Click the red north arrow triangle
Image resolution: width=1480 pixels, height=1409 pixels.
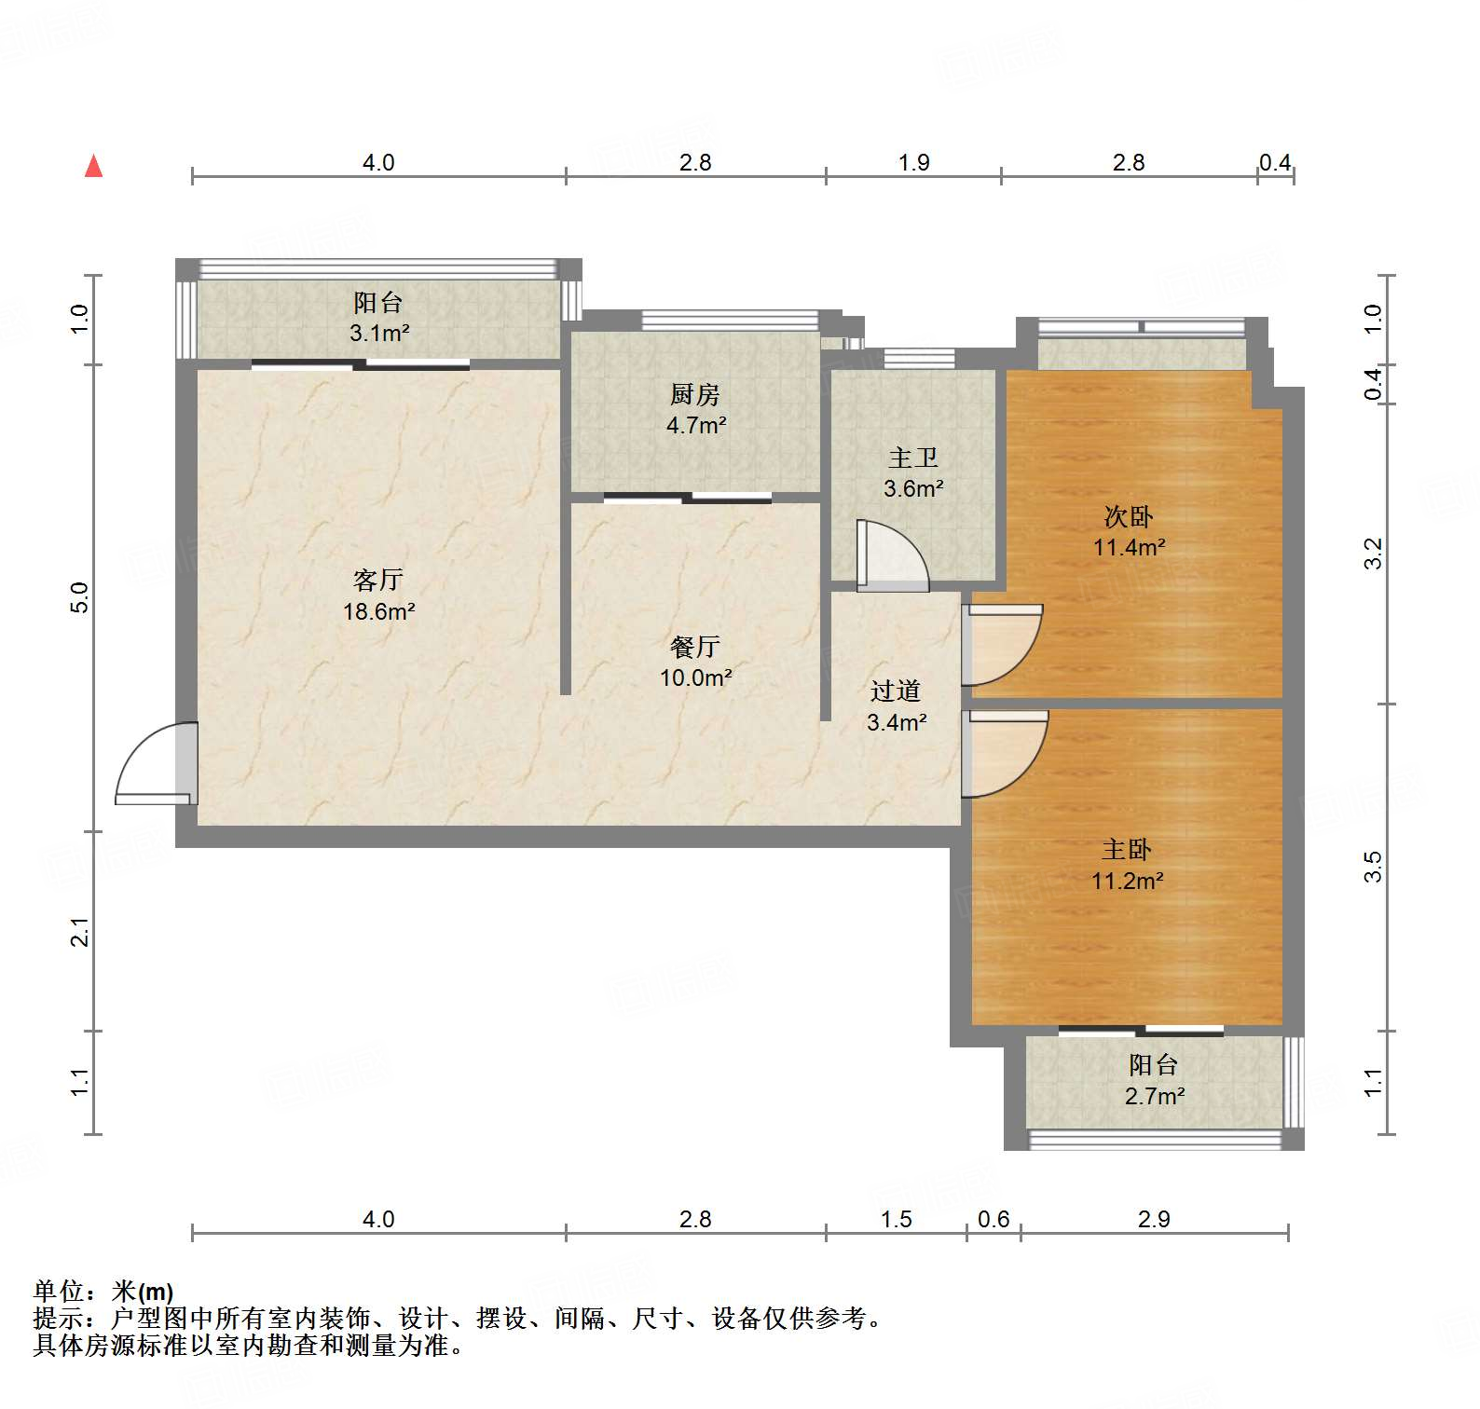click(x=93, y=167)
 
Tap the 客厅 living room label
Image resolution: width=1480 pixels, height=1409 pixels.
click(x=378, y=581)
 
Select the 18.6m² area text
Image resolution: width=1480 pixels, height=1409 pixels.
click(x=378, y=612)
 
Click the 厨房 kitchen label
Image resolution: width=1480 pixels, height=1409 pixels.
click(x=695, y=395)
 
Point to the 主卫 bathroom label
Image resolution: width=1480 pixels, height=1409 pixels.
click(x=913, y=458)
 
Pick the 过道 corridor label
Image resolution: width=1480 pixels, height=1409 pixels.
click(x=896, y=691)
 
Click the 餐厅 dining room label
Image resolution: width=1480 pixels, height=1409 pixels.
click(x=695, y=647)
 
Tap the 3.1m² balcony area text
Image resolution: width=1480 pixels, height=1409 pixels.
click(x=379, y=333)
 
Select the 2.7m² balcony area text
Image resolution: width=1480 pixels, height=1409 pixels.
click(x=1155, y=1096)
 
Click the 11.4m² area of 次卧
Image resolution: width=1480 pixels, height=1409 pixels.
click(x=1129, y=547)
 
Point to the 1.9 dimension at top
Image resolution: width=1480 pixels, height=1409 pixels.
click(x=914, y=163)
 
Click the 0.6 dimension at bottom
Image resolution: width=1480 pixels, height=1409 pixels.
click(x=994, y=1219)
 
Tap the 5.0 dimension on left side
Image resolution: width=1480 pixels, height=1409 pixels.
click(x=80, y=597)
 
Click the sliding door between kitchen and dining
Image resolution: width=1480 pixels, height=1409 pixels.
click(x=688, y=498)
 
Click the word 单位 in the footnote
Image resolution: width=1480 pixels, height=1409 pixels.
click(x=59, y=1291)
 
